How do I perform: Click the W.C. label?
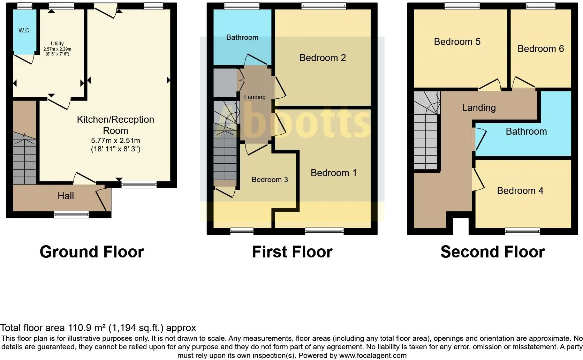tap(24, 31)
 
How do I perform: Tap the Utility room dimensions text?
tap(57, 52)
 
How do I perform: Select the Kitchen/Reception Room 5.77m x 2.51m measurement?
tap(115, 141)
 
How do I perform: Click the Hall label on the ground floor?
tap(66, 196)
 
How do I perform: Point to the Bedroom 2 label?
tap(323, 58)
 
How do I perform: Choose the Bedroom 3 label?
tap(270, 180)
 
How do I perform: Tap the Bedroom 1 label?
tap(333, 173)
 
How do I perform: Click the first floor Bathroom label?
tap(242, 37)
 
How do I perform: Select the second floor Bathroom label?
tap(526, 132)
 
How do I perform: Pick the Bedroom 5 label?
tap(457, 42)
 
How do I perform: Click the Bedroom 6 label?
tap(540, 49)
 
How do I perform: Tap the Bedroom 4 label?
tap(520, 191)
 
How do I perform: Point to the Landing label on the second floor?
tap(479, 108)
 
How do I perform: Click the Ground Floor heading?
tap(92, 252)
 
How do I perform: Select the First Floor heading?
tap(292, 252)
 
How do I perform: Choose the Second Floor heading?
tap(492, 252)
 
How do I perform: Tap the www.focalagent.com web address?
tap(372, 356)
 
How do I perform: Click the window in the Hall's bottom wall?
tap(71, 215)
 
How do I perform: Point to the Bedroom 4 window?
tap(522, 231)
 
